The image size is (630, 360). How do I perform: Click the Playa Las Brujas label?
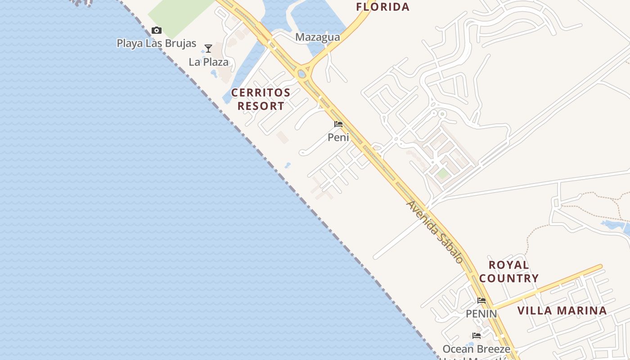pyautogui.click(x=157, y=43)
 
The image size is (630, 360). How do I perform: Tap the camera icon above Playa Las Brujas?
pyautogui.click(x=157, y=31)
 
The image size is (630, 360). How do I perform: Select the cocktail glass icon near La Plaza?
pyautogui.click(x=208, y=48)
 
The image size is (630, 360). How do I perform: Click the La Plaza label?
pyautogui.click(x=209, y=62)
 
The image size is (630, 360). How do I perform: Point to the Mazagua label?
pyautogui.click(x=317, y=37)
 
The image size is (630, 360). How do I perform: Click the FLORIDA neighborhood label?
pyautogui.click(x=382, y=7)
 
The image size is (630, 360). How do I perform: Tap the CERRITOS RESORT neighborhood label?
pyautogui.click(x=261, y=99)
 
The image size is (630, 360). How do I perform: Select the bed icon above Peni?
pyautogui.click(x=338, y=124)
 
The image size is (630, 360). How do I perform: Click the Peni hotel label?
pyautogui.click(x=338, y=137)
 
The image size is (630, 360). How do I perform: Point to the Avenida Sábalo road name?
pyautogui.click(x=435, y=232)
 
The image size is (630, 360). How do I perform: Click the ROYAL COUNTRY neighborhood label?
pyautogui.click(x=509, y=271)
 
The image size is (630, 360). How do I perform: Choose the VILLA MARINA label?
pyautogui.click(x=562, y=310)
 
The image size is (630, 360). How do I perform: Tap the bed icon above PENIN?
pyautogui.click(x=481, y=301)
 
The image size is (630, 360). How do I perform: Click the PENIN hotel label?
pyautogui.click(x=481, y=313)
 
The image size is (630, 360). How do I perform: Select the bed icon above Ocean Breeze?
pyautogui.click(x=477, y=336)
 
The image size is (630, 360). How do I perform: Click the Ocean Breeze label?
pyautogui.click(x=477, y=349)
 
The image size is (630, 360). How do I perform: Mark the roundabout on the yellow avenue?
pyautogui.click(x=302, y=73)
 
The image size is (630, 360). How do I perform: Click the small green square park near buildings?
pyautogui.click(x=443, y=174)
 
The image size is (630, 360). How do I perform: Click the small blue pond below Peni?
pyautogui.click(x=288, y=166)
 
